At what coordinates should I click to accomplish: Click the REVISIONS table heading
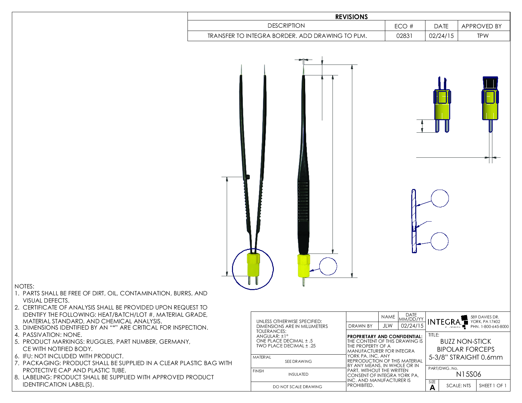(351, 17)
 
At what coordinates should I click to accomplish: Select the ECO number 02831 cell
(404, 36)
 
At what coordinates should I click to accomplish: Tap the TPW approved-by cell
(482, 36)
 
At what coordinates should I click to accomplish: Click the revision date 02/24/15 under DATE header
(441, 36)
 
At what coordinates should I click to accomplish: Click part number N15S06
(468, 374)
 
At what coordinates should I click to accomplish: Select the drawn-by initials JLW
(388, 326)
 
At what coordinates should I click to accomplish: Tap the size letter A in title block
(432, 388)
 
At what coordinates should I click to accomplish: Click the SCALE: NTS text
(458, 386)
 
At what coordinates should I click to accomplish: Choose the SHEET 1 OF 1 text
(492, 386)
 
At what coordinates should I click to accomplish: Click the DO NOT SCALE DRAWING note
(297, 387)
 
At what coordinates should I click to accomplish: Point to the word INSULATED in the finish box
(298, 374)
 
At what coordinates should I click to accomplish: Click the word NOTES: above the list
(24, 286)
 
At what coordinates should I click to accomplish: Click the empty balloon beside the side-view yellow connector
(328, 266)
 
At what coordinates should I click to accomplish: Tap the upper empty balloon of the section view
(440, 198)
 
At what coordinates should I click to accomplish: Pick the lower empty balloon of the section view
(440, 241)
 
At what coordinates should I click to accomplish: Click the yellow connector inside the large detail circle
(253, 265)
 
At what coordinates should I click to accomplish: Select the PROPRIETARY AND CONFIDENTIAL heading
(385, 336)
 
